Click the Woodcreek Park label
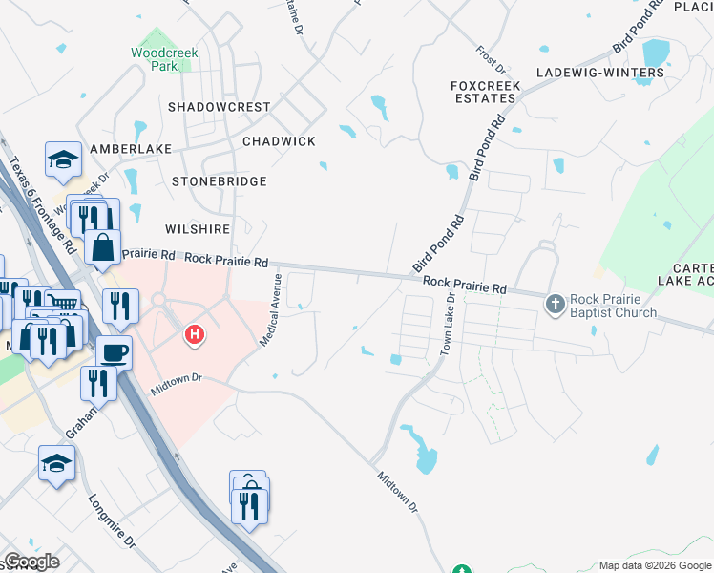[x=163, y=60]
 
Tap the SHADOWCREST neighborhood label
[x=220, y=107]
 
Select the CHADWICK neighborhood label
[x=279, y=141]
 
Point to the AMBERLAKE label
[x=131, y=150]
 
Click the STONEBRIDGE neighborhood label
[x=219, y=181]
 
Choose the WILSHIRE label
[x=198, y=230]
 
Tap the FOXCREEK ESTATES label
[x=486, y=92]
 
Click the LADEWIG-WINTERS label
[x=599, y=73]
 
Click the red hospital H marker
[x=195, y=334]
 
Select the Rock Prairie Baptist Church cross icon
[x=555, y=305]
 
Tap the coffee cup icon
[x=115, y=350]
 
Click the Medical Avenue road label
[x=270, y=308]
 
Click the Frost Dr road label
[x=492, y=58]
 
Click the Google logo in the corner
[x=31, y=562]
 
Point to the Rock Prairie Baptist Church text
[x=613, y=306]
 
